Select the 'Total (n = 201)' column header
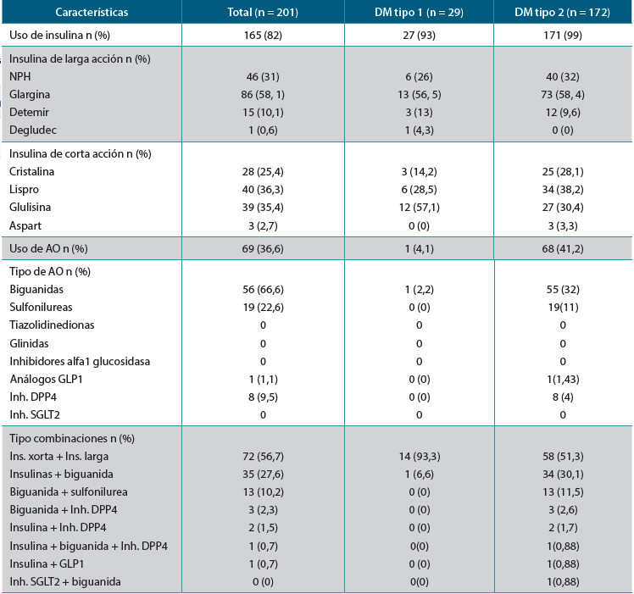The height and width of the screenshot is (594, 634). (262, 14)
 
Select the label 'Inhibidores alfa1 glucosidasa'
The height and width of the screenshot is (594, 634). (79, 362)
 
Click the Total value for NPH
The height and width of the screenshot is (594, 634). (262, 77)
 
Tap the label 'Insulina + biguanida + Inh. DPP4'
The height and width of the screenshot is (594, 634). (88, 545)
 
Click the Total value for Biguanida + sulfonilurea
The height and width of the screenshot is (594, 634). (262, 492)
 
